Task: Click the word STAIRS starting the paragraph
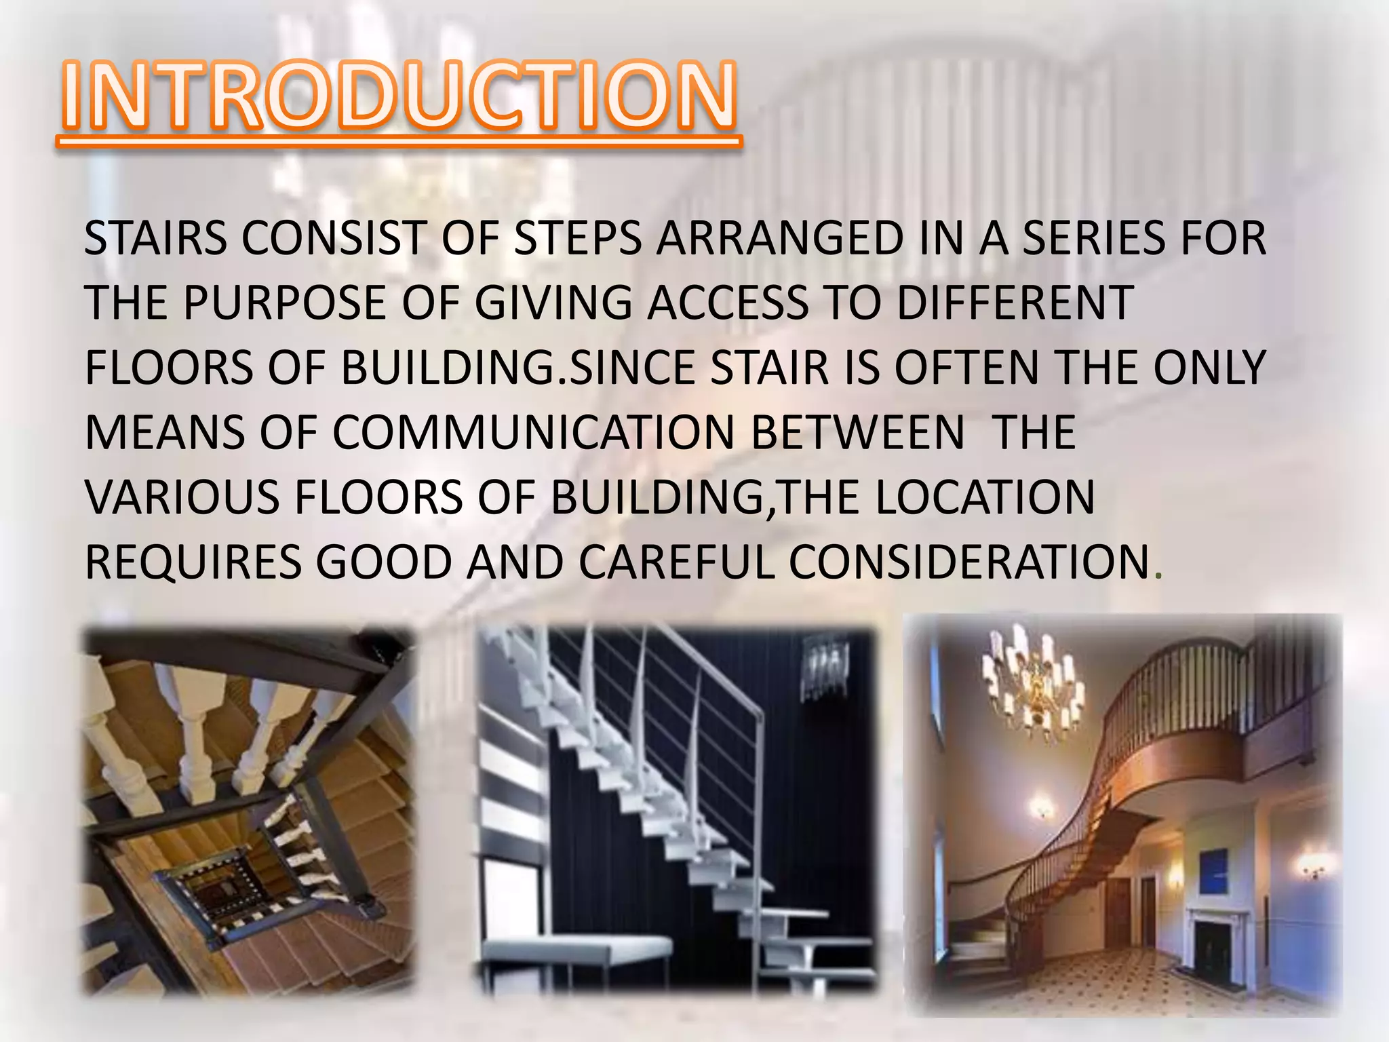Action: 155,239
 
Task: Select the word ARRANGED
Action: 779,239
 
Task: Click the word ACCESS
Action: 728,303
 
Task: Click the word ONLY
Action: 1210,368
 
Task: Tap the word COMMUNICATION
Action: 533,433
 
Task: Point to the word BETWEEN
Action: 857,433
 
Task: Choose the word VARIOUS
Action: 182,497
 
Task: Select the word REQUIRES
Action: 193,562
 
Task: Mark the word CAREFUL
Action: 676,562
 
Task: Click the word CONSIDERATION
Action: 969,562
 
